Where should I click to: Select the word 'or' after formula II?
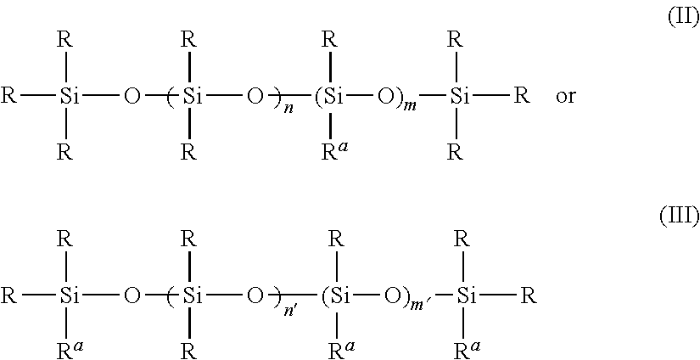click(565, 96)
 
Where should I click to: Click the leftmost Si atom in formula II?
click(70, 96)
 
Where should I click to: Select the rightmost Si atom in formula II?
click(459, 96)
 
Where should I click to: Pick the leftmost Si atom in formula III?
click(70, 296)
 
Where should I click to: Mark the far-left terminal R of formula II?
click(9, 96)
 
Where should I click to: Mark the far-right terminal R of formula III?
click(529, 296)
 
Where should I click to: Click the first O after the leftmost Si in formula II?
click(131, 96)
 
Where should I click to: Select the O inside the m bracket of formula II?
click(384, 96)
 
